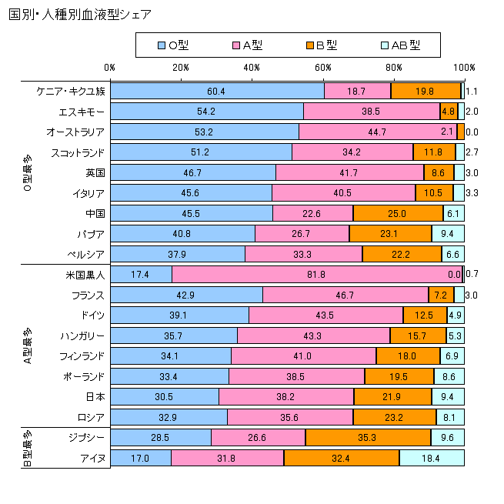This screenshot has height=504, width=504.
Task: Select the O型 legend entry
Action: coord(172,45)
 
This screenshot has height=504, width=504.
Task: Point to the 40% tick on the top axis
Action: coord(252,68)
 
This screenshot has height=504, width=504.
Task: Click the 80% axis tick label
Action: coord(394,68)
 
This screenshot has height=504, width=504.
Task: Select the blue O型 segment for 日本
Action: coord(165,396)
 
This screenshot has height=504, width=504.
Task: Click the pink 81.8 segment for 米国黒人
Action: coord(317,274)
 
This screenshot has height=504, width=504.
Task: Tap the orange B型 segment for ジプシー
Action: coord(368,437)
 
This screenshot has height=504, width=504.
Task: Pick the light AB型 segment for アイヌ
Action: coord(432,457)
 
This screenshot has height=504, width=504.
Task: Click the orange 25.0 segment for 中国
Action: coord(398,212)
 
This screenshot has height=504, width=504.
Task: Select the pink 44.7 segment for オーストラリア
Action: coord(378,131)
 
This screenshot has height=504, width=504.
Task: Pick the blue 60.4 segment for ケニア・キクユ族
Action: coord(217,91)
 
